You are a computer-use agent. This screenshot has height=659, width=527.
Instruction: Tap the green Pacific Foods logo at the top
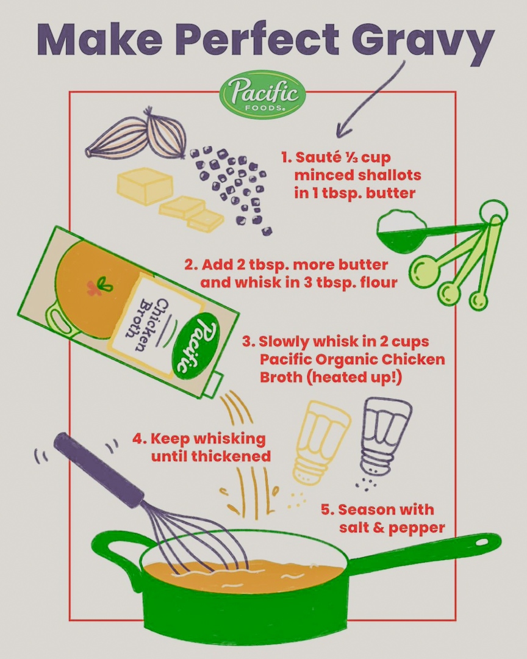pos(263,95)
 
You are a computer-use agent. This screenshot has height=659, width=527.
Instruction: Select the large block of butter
pos(145,186)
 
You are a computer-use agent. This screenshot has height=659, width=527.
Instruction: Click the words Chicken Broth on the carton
pos(149,323)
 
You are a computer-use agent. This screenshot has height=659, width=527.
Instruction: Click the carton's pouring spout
pos(213,385)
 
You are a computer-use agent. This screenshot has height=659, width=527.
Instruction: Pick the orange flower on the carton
pos(93,288)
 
